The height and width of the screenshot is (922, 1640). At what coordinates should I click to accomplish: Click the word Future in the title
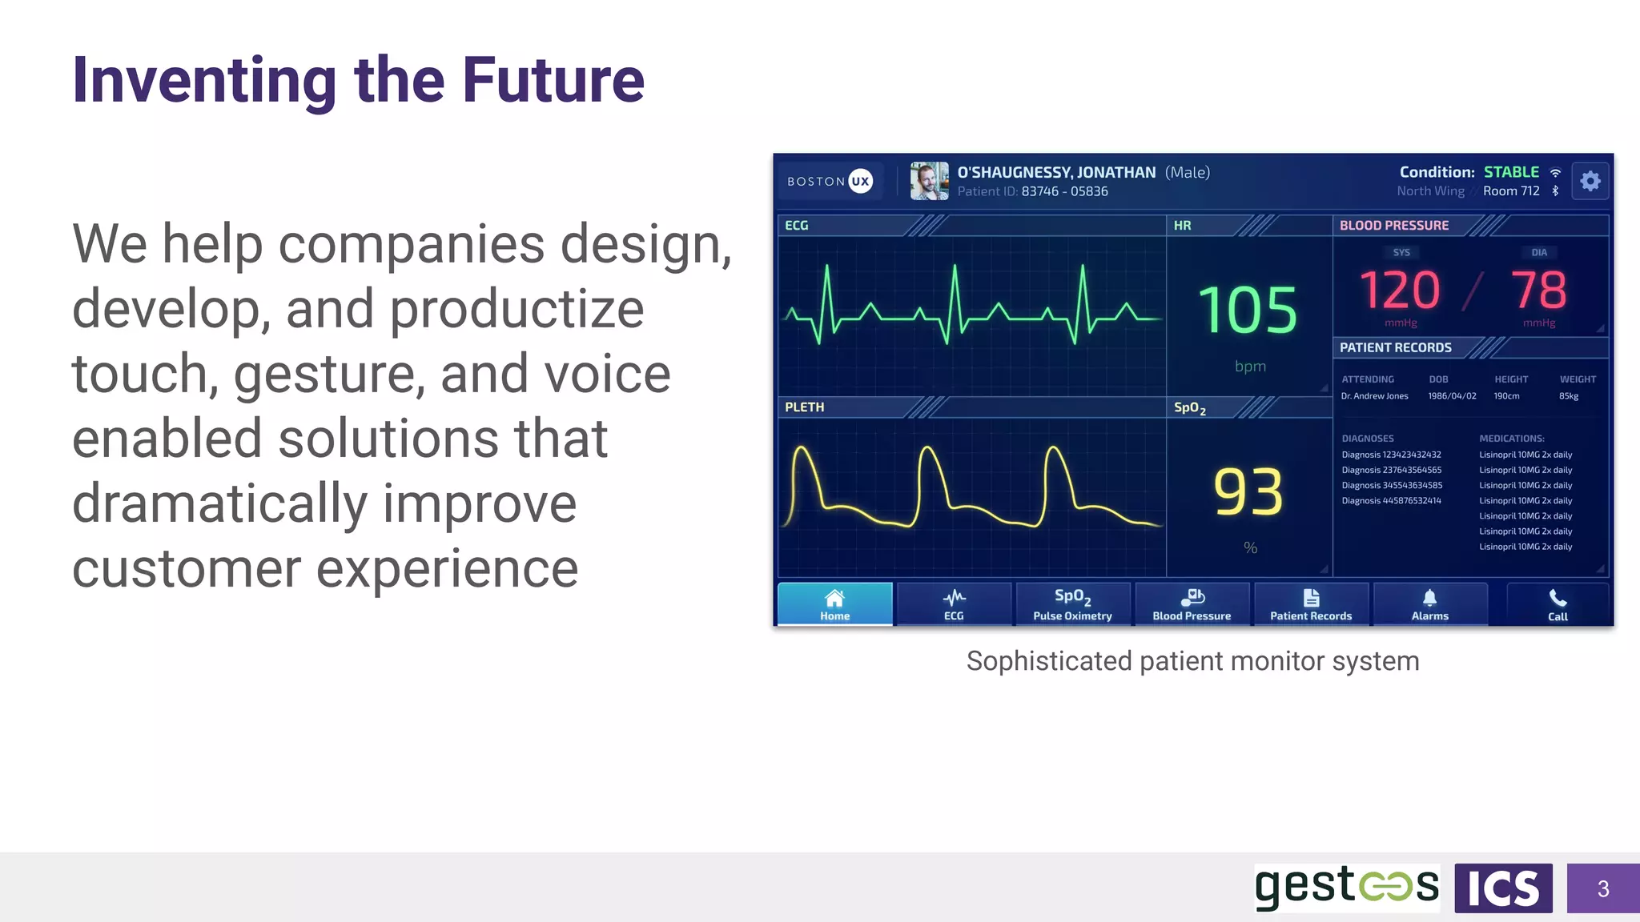(553, 80)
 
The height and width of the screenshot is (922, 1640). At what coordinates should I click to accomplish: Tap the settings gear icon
(1590, 182)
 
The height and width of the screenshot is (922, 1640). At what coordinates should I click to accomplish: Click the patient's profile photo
(929, 181)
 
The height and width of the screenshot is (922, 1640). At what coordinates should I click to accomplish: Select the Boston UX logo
(830, 182)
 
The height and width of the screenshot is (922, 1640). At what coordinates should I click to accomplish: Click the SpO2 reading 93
(1248, 492)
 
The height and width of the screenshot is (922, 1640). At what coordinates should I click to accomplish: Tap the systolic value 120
(1400, 290)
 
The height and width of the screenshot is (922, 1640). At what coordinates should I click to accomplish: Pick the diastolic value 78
(1538, 290)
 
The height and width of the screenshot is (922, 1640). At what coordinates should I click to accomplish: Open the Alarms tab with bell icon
(1429, 604)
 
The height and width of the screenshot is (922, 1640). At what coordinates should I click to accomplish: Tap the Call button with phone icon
(1558, 604)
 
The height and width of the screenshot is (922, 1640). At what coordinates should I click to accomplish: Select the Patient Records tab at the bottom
(1311, 604)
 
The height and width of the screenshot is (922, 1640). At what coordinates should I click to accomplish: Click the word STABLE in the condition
(1511, 172)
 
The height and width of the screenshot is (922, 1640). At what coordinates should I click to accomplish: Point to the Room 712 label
(1511, 191)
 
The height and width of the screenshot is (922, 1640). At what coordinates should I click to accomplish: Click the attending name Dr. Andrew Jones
(1374, 396)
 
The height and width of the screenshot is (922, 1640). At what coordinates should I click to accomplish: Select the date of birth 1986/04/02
(1452, 396)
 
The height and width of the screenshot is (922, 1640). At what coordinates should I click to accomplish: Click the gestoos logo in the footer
(1346, 888)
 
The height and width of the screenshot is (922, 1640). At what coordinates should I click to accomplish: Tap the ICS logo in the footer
(1503, 888)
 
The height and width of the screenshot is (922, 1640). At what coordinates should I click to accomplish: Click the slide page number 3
(1602, 888)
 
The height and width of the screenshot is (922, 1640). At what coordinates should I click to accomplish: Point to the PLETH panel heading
(804, 407)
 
